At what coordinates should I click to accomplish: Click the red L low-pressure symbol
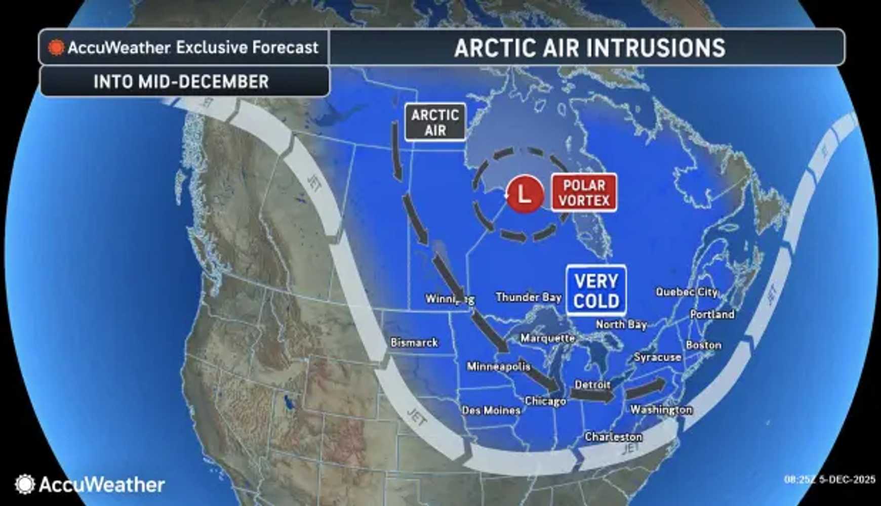click(525, 194)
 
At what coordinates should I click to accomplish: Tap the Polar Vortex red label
click(584, 193)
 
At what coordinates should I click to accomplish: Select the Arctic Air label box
click(435, 122)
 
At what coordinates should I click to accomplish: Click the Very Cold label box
click(596, 291)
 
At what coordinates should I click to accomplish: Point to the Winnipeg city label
click(450, 299)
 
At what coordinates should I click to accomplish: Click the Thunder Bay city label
click(529, 297)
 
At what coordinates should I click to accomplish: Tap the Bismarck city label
click(414, 343)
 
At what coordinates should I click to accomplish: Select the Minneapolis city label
click(498, 366)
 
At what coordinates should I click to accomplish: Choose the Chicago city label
click(545, 401)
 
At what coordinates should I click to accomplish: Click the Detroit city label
click(592, 385)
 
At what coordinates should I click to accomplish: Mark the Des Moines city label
click(491, 410)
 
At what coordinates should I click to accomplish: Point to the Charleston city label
click(613, 437)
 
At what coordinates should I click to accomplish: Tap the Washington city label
click(661, 409)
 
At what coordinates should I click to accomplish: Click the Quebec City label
click(687, 292)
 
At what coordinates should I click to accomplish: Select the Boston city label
click(703, 345)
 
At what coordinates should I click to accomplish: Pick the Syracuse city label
click(657, 357)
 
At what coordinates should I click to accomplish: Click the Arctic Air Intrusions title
click(589, 48)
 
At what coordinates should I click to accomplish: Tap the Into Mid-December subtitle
click(181, 82)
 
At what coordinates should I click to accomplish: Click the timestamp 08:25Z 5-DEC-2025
click(829, 479)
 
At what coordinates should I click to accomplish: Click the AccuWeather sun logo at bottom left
click(25, 484)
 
